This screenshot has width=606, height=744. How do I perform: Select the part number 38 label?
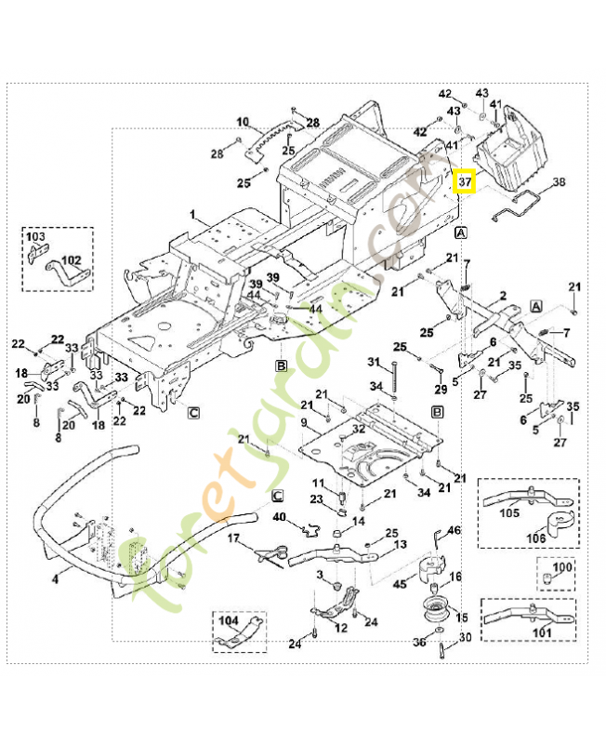point(558,182)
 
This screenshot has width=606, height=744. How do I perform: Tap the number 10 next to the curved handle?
point(243,122)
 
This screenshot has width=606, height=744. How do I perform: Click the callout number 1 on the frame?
point(193,216)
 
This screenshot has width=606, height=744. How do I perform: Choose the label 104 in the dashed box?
point(229,619)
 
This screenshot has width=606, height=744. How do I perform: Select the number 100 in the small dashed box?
point(562,566)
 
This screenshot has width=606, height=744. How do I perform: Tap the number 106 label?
point(536,537)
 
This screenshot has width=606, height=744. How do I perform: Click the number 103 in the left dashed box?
point(35,237)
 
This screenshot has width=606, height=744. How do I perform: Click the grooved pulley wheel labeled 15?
point(434,615)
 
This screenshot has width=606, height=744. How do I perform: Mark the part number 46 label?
point(454,530)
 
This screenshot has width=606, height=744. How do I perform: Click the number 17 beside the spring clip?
point(234,538)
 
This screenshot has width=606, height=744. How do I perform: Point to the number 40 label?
point(279,517)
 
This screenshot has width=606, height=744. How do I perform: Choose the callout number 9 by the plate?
point(302,424)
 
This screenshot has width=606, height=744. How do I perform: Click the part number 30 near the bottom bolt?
point(465,637)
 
